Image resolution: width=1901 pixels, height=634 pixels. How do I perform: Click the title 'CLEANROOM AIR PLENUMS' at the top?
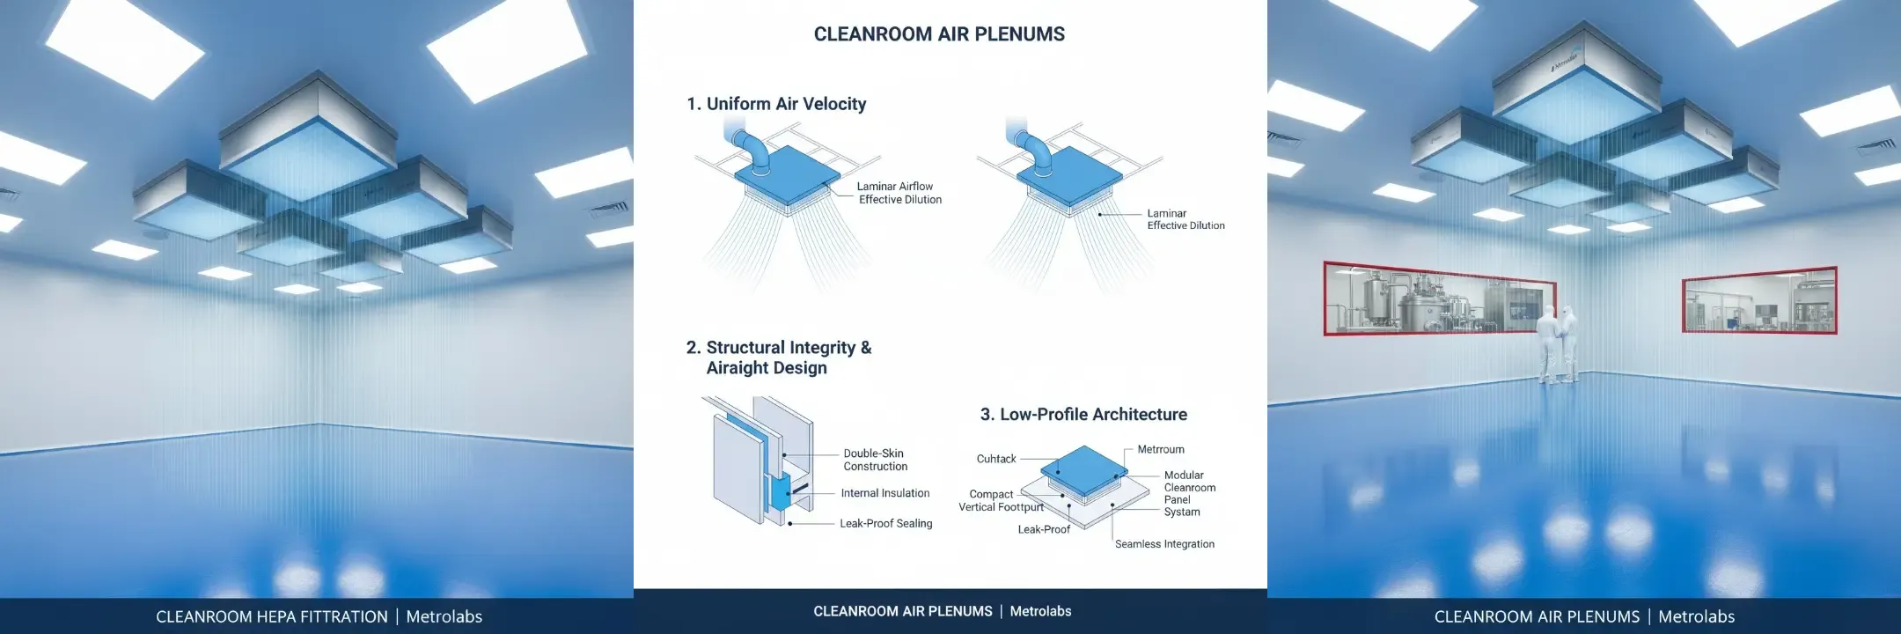click(x=939, y=34)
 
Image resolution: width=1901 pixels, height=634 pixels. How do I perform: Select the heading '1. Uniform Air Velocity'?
click(x=776, y=104)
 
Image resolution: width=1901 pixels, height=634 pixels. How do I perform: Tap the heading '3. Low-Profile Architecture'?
click(x=1083, y=414)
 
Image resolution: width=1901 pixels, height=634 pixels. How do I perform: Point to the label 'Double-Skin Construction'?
click(x=875, y=460)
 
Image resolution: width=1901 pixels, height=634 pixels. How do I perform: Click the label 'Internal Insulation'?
click(x=884, y=493)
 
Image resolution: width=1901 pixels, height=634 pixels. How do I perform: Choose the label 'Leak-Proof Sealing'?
click(x=885, y=523)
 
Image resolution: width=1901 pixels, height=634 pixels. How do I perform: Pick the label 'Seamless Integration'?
click(x=1164, y=544)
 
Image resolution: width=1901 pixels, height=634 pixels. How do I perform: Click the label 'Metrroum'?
click(x=1161, y=449)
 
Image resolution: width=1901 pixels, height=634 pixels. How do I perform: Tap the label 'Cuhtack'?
click(x=996, y=459)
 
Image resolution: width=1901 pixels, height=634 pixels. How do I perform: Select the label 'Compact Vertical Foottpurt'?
click(x=1001, y=500)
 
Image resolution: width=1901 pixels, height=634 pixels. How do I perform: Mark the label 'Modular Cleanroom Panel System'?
click(x=1190, y=493)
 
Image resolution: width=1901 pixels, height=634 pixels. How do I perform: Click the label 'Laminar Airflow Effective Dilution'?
click(x=899, y=193)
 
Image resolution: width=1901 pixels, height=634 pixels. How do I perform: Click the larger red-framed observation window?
click(x=1440, y=299)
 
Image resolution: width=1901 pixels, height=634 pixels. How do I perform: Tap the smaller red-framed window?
click(x=1759, y=299)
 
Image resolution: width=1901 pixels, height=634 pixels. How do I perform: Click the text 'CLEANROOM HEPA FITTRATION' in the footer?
click(x=272, y=616)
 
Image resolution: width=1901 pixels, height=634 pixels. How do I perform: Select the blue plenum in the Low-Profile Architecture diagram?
click(x=1083, y=468)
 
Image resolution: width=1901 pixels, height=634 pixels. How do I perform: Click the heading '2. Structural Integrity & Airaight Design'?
click(x=779, y=358)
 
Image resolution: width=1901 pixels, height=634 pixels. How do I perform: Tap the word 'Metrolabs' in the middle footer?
click(x=1040, y=611)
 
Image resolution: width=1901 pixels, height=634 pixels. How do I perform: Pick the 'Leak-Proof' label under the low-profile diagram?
click(x=1044, y=529)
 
